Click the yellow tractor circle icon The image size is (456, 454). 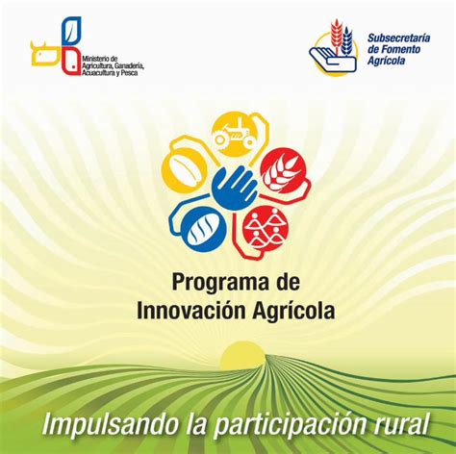pos(234,134)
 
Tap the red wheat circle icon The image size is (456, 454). pos(283,171)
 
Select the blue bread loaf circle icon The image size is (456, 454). pos(204,230)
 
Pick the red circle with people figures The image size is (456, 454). pos(266,228)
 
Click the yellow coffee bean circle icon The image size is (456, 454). pos(184,170)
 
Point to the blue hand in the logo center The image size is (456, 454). pos(235,189)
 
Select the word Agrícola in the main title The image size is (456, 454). pos(293,312)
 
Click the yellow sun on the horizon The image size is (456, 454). pos(242,354)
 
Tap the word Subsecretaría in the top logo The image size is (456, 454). pos(398,38)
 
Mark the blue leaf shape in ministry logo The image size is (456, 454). pos(71,32)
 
